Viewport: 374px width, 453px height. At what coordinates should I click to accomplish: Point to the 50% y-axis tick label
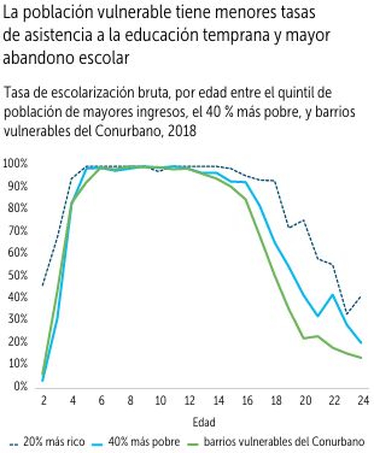click(x=17, y=275)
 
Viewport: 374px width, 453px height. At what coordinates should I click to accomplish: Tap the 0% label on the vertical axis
click(x=21, y=386)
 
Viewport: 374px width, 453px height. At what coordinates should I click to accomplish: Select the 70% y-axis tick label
click(x=17, y=231)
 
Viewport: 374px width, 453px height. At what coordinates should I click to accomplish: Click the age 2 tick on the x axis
click(x=43, y=400)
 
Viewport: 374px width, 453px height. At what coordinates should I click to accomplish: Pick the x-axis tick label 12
click(x=189, y=400)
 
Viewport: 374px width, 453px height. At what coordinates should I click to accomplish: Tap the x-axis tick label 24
click(x=363, y=400)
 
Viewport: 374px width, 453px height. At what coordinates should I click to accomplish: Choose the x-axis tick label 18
click(x=276, y=400)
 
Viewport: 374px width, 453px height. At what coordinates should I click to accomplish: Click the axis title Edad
click(x=204, y=422)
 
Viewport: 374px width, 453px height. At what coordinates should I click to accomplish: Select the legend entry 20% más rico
click(x=54, y=441)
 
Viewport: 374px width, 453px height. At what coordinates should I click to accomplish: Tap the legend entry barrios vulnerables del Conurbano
click(x=284, y=441)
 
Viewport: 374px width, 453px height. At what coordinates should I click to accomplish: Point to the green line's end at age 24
click(x=362, y=358)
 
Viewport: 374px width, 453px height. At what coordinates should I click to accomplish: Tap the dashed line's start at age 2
click(x=43, y=285)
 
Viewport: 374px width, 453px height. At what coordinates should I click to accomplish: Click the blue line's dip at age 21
click(x=318, y=316)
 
